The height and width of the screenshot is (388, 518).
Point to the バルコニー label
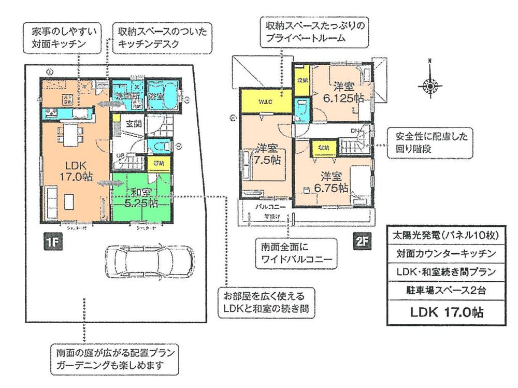(x=267, y=206)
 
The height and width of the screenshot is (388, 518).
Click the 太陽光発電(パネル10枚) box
(x=443, y=235)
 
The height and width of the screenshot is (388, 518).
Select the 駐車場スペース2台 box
(x=443, y=291)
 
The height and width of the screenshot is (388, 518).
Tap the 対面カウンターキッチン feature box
(x=443, y=253)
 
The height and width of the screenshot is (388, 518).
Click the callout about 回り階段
(x=431, y=143)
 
